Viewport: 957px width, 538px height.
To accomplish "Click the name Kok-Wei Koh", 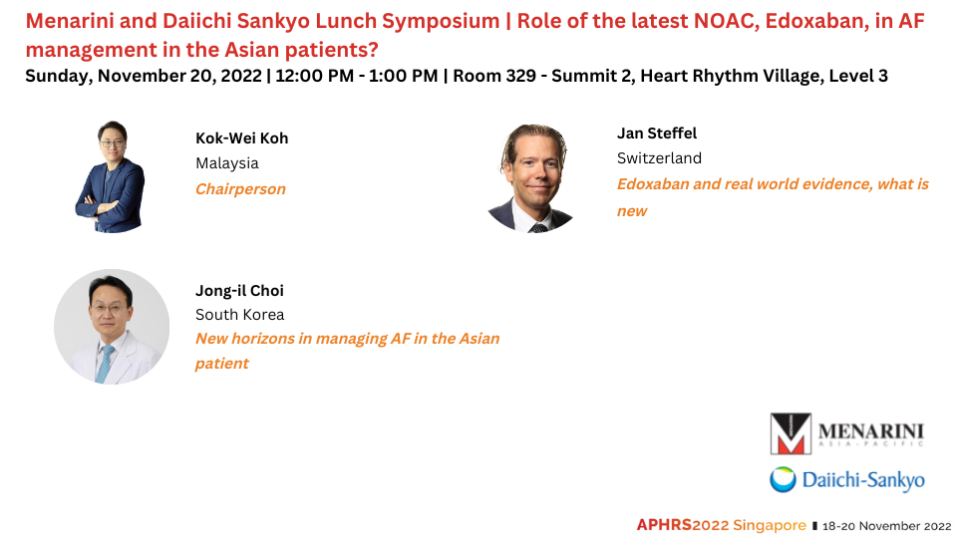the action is (241, 138).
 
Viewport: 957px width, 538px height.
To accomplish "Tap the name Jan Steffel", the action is (657, 133).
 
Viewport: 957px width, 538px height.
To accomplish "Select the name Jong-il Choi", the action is (239, 291).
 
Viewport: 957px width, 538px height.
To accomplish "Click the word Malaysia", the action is (227, 163).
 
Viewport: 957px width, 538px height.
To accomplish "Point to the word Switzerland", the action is (659, 158).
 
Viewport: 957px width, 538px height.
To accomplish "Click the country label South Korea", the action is (240, 315).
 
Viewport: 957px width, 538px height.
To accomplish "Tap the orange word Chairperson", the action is (240, 189).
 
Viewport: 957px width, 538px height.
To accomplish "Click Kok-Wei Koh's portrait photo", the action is (110, 176).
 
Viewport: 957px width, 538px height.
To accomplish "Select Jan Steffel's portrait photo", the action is (532, 178).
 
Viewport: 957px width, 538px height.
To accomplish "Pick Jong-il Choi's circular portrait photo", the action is (112, 327).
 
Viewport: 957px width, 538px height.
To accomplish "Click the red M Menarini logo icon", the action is (791, 433).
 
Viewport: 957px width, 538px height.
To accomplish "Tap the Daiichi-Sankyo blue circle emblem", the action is (783, 479).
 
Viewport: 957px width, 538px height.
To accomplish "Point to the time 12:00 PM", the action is (314, 76).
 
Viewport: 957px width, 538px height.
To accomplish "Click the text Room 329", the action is (495, 76).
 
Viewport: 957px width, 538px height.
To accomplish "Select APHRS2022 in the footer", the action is (682, 525).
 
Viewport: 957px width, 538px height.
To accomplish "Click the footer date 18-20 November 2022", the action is (887, 526).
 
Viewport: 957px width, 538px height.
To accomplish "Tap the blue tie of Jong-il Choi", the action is (106, 364).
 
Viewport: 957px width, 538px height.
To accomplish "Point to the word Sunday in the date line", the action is (59, 77).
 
